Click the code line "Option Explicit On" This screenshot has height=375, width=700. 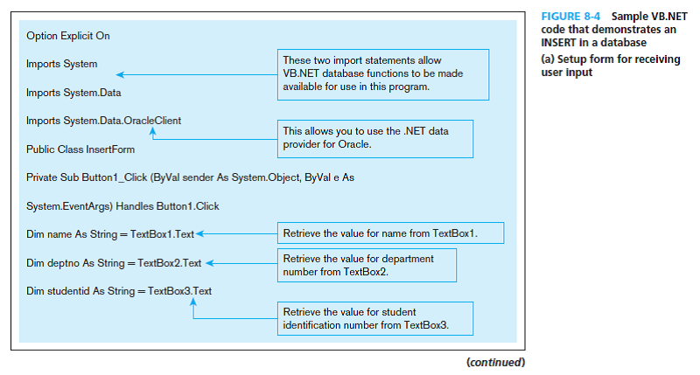[68, 36]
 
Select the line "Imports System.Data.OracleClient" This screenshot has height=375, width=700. [103, 121]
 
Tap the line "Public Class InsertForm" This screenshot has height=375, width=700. [80, 149]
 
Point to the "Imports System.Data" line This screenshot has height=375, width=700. [73, 93]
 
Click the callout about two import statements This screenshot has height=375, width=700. [383, 74]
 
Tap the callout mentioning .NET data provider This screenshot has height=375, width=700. [375, 139]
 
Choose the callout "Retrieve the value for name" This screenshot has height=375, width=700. [390, 233]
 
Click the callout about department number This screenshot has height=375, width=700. [367, 266]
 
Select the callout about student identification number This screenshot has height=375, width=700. [375, 318]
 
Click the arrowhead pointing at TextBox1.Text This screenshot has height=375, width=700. [200, 233]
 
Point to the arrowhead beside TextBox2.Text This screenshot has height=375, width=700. [210, 263]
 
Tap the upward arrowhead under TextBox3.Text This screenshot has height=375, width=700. [193, 302]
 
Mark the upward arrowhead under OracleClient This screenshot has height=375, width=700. [152, 131]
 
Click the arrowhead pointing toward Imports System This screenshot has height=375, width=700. [120, 74]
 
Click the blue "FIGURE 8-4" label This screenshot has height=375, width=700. [570, 17]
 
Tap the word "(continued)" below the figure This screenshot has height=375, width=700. [496, 362]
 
